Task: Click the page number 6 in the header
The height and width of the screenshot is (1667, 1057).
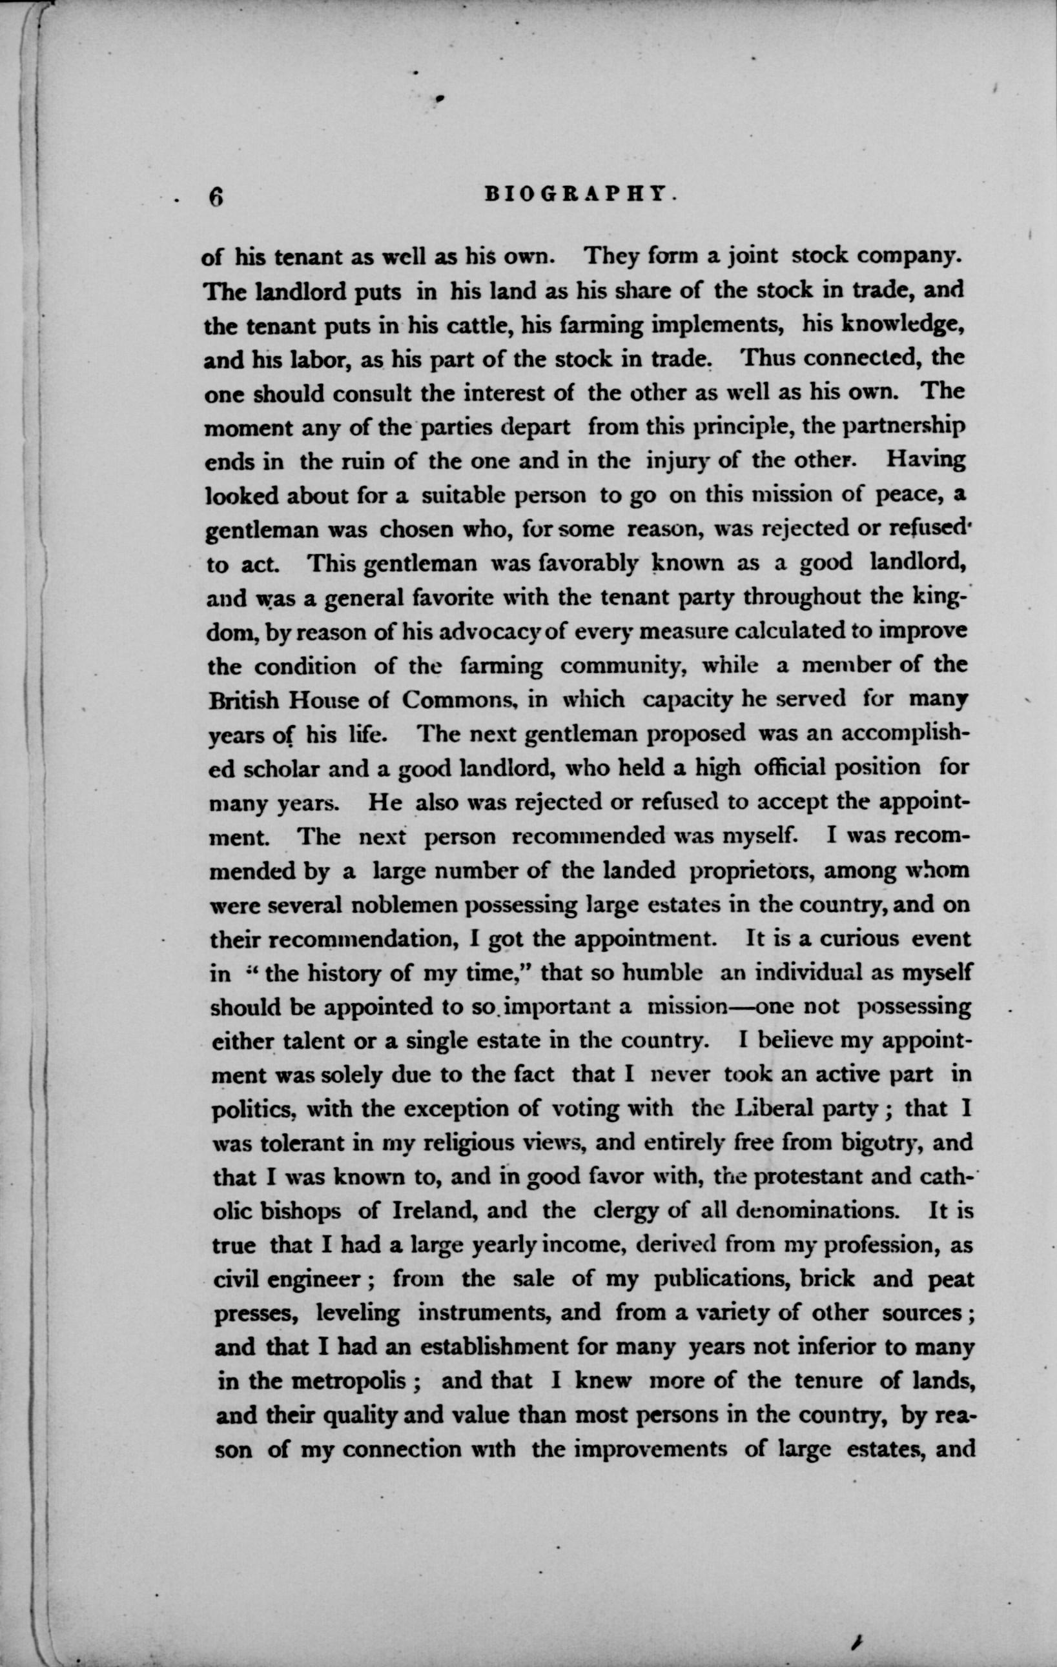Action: (216, 198)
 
